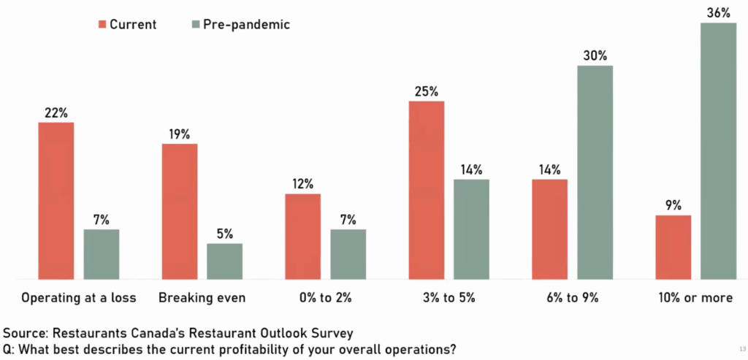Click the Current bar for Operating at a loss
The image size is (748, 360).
56,201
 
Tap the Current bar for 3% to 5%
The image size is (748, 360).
427,190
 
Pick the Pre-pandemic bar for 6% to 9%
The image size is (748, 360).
595,172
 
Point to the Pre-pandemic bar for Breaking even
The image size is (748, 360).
224,261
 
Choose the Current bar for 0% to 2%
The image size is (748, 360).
302,236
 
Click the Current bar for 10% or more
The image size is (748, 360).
673,247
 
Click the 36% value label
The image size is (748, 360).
719,12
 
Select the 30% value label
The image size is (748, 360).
595,55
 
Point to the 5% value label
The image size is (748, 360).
224,234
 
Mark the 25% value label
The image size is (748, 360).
427,91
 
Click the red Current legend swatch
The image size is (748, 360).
100,25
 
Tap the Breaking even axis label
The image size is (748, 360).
202,298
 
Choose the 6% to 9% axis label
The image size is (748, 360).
573,298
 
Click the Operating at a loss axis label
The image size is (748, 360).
79,298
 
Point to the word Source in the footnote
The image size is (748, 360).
26,333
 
